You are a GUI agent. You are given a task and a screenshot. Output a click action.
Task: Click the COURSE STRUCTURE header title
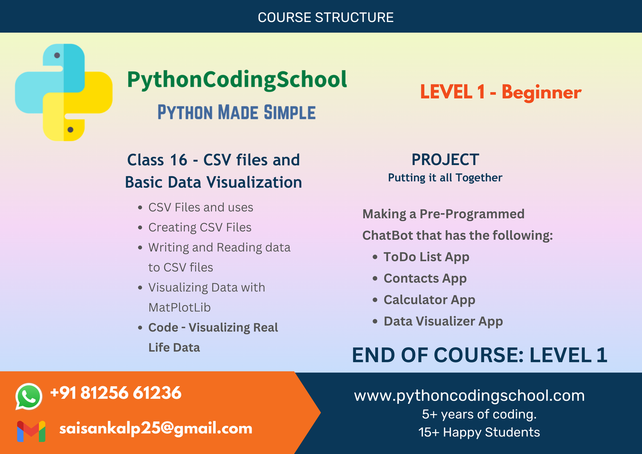tap(325, 17)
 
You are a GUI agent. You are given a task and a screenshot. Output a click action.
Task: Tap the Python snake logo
tap(64, 92)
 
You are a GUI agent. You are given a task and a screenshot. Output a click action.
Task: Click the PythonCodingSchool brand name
tap(237, 79)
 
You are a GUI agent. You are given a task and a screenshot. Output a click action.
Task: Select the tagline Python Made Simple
tap(236, 112)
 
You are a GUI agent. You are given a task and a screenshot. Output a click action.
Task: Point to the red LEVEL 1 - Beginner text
tap(500, 92)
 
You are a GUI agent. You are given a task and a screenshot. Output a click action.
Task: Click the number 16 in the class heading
tap(179, 160)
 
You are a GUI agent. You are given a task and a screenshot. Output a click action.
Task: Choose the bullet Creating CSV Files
tap(200, 228)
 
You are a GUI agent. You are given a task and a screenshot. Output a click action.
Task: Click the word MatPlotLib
tap(179, 307)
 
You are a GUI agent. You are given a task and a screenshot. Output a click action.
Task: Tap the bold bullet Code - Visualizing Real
tap(213, 328)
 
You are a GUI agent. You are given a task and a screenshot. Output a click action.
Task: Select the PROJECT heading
tap(445, 160)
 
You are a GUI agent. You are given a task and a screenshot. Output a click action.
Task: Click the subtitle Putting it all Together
tap(445, 178)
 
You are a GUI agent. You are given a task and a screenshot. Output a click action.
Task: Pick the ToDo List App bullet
tap(426, 257)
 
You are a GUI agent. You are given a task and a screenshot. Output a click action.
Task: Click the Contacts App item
tap(425, 278)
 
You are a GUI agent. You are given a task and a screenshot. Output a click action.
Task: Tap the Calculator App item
tap(429, 300)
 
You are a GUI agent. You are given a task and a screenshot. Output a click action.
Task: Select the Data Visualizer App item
tap(443, 321)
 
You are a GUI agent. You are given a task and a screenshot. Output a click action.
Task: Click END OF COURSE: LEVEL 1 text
tap(479, 355)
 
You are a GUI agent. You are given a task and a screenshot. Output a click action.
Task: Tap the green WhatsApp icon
tap(28, 396)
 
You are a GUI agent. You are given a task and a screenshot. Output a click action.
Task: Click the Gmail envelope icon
tap(31, 431)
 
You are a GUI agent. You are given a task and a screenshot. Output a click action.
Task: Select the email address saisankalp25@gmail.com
tap(156, 428)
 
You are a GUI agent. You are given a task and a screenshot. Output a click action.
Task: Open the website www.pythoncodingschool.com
tap(469, 396)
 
